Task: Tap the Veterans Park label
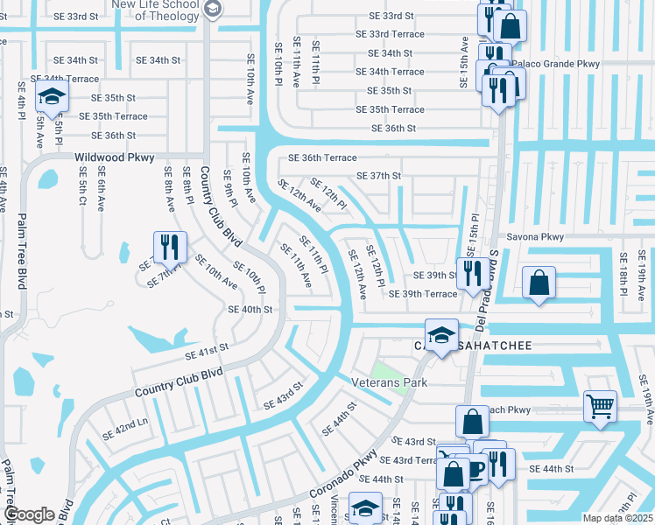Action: (390, 383)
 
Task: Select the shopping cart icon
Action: (601, 404)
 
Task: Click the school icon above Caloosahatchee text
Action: (441, 334)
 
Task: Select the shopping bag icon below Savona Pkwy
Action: (539, 283)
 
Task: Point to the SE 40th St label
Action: (250, 309)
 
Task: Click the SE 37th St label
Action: (378, 176)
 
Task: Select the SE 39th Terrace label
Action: (423, 294)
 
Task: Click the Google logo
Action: (29, 514)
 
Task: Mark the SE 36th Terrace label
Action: (323, 157)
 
